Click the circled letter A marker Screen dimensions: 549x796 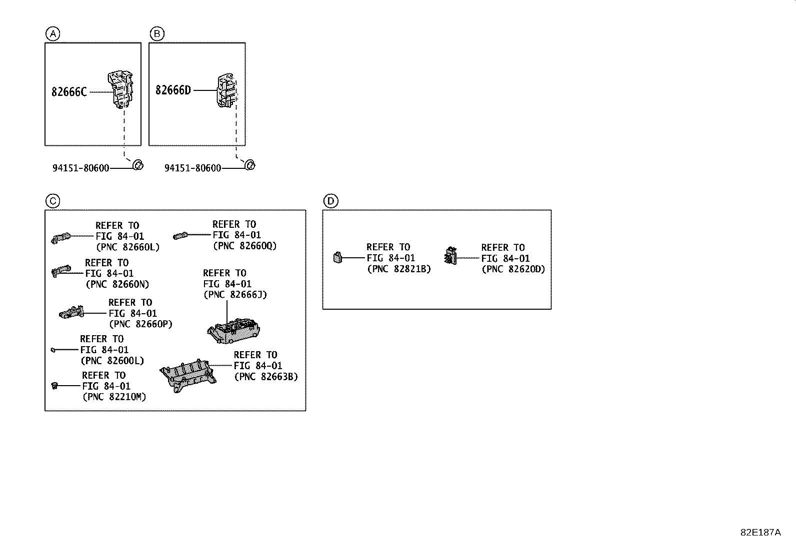(x=52, y=34)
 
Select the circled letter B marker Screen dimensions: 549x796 (x=156, y=34)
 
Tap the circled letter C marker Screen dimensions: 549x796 (x=52, y=201)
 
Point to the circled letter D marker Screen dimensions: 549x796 (x=330, y=201)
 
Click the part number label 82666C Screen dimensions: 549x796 (x=69, y=92)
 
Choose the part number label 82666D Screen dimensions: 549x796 (x=173, y=90)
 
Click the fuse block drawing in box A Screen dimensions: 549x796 (x=121, y=89)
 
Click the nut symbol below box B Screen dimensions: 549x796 (x=249, y=165)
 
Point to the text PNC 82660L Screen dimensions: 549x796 (x=127, y=247)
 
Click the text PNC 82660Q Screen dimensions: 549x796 (x=244, y=246)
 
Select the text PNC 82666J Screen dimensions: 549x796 (x=235, y=295)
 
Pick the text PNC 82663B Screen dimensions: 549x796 (x=266, y=377)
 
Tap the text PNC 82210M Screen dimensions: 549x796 (x=114, y=397)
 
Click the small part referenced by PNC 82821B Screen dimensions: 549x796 (x=338, y=258)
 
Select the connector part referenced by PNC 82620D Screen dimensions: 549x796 (x=450, y=257)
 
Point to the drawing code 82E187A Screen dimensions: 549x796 (x=760, y=533)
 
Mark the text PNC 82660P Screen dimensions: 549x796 (x=140, y=324)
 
